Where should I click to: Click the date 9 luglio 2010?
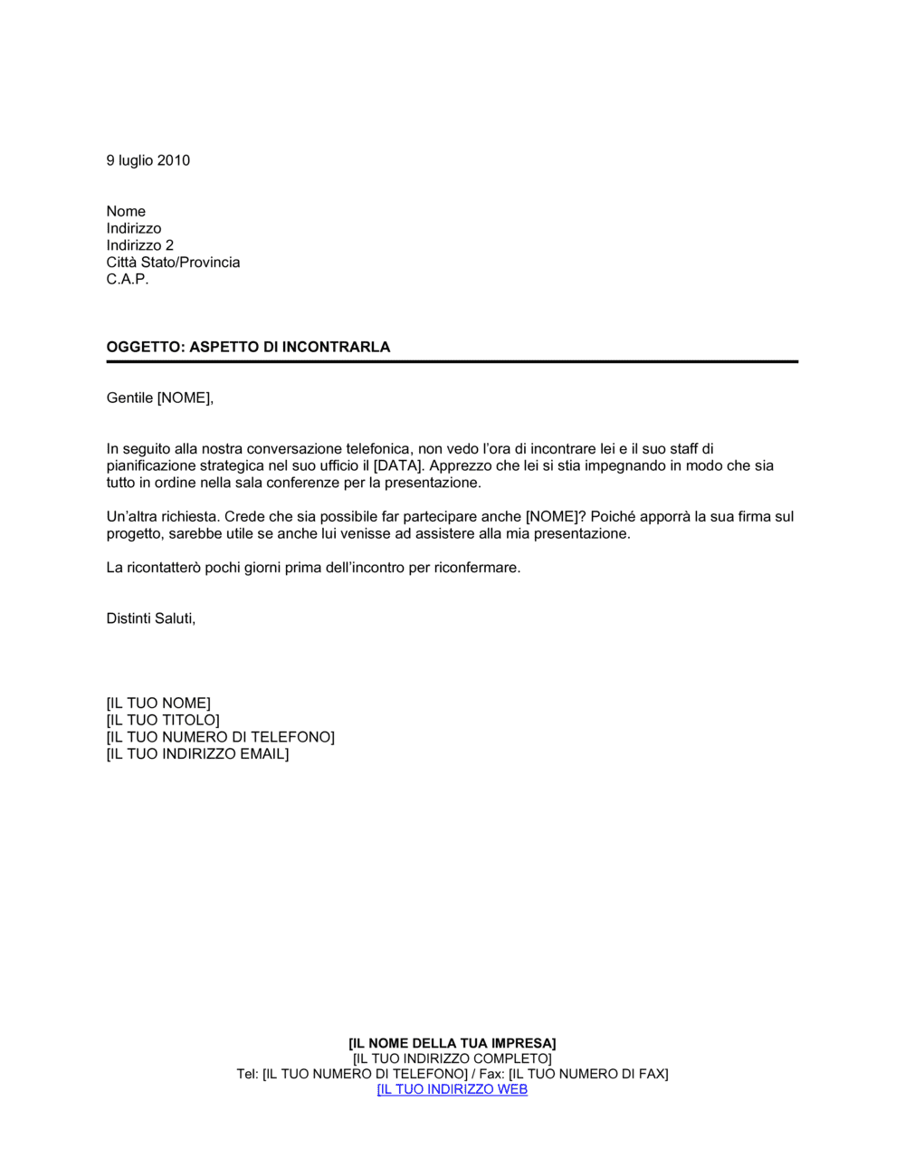click(148, 160)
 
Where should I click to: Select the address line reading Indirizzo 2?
click(139, 245)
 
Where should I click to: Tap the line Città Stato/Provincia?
click(173, 263)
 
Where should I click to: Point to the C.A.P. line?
click(127, 279)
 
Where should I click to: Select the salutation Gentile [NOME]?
click(160, 397)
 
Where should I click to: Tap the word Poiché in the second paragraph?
click(613, 516)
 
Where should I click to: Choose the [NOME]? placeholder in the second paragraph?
click(555, 516)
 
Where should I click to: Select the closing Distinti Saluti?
click(151, 618)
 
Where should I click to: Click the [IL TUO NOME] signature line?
click(158, 703)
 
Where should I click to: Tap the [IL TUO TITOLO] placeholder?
click(163, 720)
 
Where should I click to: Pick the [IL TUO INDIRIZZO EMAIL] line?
click(197, 753)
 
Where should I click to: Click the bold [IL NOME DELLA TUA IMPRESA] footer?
click(452, 1043)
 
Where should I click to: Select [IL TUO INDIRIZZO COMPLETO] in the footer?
click(452, 1058)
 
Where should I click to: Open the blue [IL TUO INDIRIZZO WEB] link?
click(452, 1089)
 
